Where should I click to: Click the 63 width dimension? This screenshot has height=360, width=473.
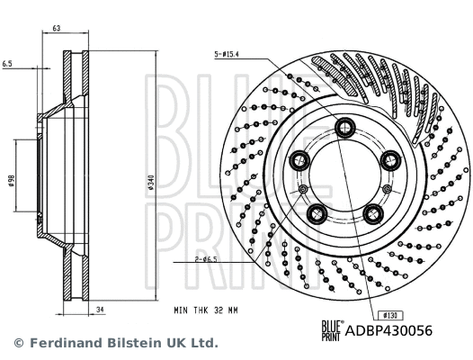(56, 30)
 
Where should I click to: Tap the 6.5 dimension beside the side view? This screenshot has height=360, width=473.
(7, 65)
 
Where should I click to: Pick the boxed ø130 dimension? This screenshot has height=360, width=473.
(391, 315)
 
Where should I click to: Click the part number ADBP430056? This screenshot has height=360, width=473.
(388, 331)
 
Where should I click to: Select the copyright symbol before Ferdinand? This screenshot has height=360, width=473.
(18, 343)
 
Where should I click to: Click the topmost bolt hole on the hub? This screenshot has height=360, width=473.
(345, 130)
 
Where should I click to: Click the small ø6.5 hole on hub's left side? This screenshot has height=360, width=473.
(303, 187)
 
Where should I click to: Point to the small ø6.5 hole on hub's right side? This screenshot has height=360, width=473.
(388, 187)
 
